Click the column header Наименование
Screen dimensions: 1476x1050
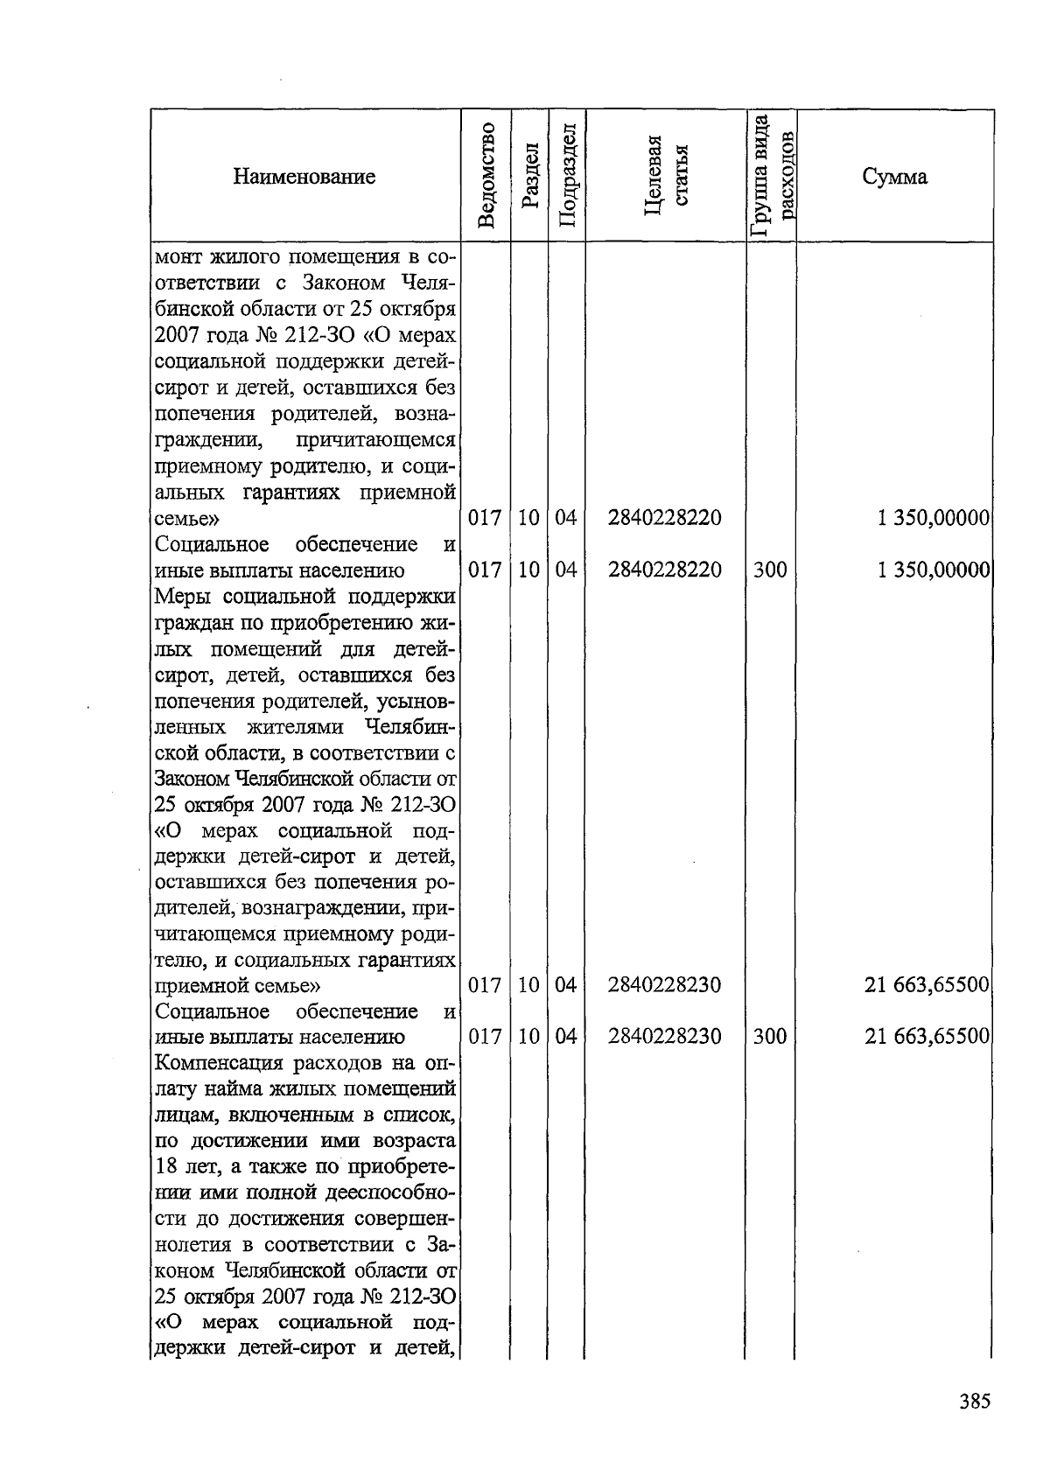click(304, 177)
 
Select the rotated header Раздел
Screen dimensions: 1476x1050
click(528, 176)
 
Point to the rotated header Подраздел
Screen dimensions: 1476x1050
click(566, 176)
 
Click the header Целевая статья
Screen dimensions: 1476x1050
click(665, 176)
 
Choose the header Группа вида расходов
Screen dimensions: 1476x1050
click(771, 176)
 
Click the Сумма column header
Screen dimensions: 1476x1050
click(894, 177)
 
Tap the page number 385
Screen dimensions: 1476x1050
click(973, 1401)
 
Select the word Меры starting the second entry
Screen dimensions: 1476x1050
click(182, 597)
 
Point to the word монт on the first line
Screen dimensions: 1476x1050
click(180, 258)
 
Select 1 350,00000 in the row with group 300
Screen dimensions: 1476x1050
click(933, 570)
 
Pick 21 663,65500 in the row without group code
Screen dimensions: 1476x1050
click(927, 985)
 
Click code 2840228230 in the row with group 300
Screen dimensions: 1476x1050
click(664, 1037)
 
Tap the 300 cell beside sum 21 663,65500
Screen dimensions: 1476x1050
click(769, 1037)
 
